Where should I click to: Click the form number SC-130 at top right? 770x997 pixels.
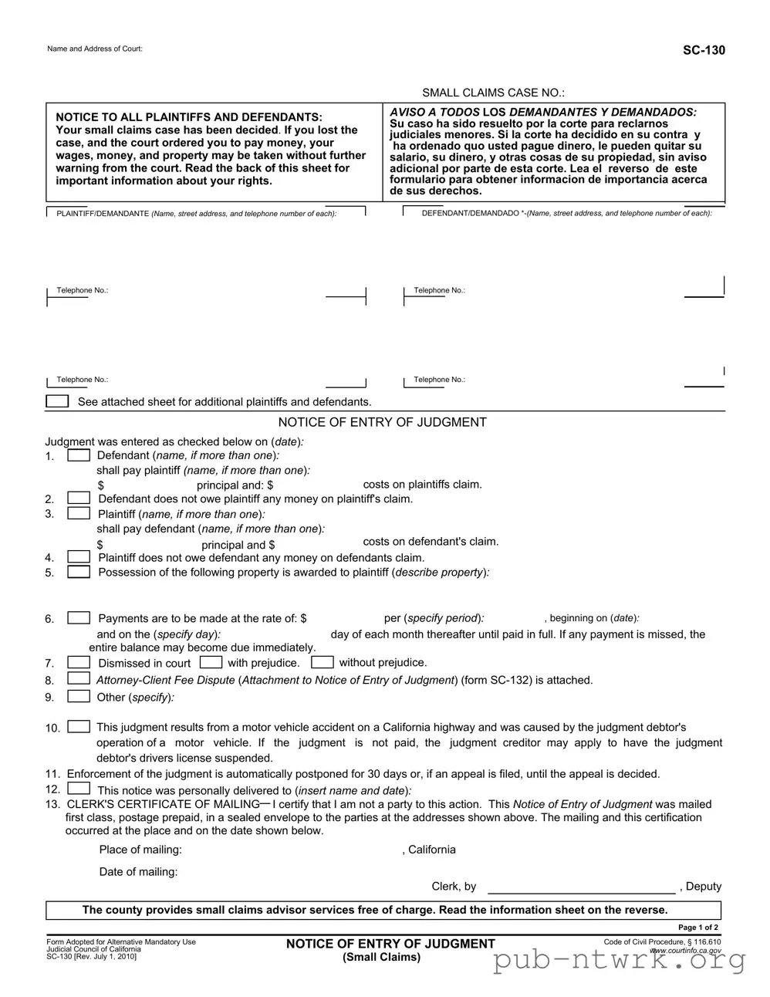coord(703,50)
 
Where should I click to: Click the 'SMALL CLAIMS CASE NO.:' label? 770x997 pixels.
coord(493,93)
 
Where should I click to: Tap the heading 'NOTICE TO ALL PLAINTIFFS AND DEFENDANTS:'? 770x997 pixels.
coord(189,117)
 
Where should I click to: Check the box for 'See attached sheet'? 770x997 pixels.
coord(57,401)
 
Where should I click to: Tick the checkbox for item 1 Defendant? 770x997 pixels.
coord(79,455)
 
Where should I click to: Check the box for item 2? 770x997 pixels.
coord(79,498)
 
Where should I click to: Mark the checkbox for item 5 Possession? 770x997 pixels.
coord(79,572)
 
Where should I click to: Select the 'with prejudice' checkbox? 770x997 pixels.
coord(211,662)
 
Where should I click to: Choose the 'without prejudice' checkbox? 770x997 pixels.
coord(323,662)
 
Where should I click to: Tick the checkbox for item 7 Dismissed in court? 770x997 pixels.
coord(79,662)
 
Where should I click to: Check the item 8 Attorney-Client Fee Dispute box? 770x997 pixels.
coord(79,678)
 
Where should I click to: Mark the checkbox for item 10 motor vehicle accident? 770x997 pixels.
coord(79,727)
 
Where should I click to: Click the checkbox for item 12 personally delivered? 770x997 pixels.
coord(79,789)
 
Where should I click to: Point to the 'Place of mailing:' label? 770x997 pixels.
coord(140,850)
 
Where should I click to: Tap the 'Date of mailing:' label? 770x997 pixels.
coord(138,872)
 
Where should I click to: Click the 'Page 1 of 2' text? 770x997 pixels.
coord(698,928)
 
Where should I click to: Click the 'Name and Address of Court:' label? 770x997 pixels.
coord(95,49)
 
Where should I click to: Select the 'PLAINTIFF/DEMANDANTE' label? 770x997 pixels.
coord(103,214)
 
